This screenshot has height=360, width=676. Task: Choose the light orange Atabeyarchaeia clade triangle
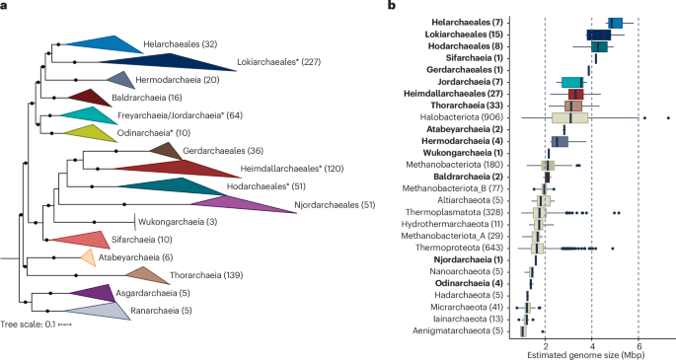(88, 257)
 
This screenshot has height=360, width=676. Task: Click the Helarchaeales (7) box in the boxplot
(616, 23)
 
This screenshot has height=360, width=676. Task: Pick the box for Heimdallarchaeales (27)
(575, 94)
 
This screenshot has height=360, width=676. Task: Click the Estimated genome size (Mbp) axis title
(591, 352)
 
